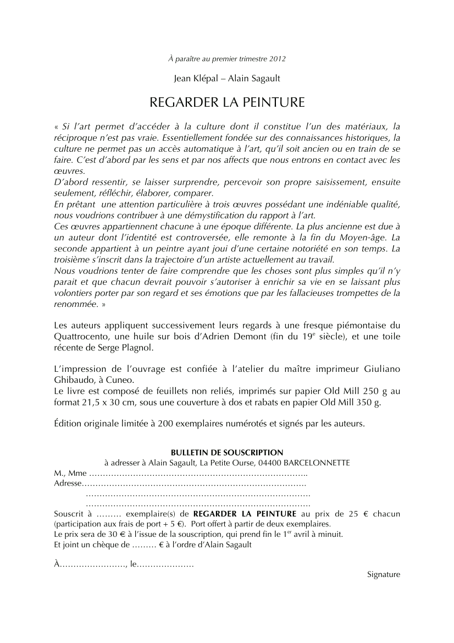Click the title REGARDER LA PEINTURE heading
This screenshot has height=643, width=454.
coord(227,103)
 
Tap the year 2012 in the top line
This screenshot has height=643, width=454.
coord(278,58)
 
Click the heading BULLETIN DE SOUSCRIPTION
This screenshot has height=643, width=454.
coord(227,452)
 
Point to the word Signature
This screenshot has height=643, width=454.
coord(384,574)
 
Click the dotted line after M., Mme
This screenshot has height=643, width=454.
coord(198,473)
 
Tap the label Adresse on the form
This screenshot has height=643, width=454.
coord(67,483)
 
